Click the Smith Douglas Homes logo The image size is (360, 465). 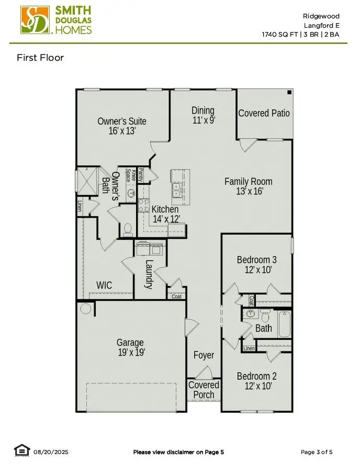(57, 20)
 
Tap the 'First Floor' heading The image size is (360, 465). (40, 58)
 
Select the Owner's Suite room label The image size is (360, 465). (122, 121)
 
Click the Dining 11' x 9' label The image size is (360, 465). (203, 115)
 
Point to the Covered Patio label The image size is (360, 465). (264, 113)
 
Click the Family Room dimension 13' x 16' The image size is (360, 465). (249, 192)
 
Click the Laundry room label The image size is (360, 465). (149, 274)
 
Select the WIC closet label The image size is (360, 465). (104, 285)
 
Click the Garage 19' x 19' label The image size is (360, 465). (130, 348)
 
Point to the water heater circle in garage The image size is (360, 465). (86, 309)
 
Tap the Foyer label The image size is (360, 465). (204, 355)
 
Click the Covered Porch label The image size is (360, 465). (204, 390)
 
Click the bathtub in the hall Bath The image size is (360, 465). (284, 324)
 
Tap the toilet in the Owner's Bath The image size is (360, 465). (127, 230)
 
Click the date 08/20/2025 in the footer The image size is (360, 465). (51, 452)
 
